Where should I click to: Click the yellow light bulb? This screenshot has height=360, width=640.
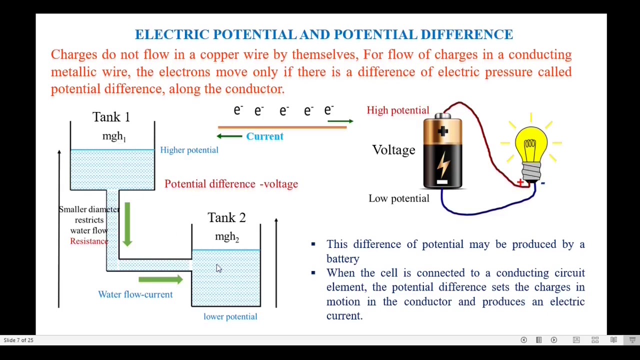[x=530, y=145]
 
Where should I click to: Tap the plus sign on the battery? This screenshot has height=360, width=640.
[x=443, y=131]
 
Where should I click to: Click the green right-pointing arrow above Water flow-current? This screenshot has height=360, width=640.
[x=160, y=279]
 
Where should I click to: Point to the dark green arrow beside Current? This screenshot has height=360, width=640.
[x=229, y=136]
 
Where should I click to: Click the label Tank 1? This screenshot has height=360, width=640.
[x=111, y=117]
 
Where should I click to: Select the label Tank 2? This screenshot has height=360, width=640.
[x=226, y=217]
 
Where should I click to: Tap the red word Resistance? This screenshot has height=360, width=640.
[x=89, y=241]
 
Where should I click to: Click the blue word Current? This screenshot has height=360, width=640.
[x=264, y=136]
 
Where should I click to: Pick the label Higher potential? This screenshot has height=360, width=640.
[x=189, y=150]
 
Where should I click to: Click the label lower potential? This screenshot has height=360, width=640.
[x=230, y=316]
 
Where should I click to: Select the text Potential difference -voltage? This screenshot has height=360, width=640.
[x=231, y=184]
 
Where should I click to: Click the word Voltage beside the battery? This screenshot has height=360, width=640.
[x=393, y=150]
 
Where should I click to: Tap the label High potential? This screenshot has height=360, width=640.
[x=397, y=110]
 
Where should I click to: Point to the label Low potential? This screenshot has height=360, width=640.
[x=398, y=198]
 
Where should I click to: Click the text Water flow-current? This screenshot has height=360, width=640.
[x=135, y=294]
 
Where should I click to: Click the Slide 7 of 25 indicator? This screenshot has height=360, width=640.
[x=18, y=340]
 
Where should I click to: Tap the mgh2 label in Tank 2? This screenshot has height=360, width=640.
[x=227, y=236]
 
